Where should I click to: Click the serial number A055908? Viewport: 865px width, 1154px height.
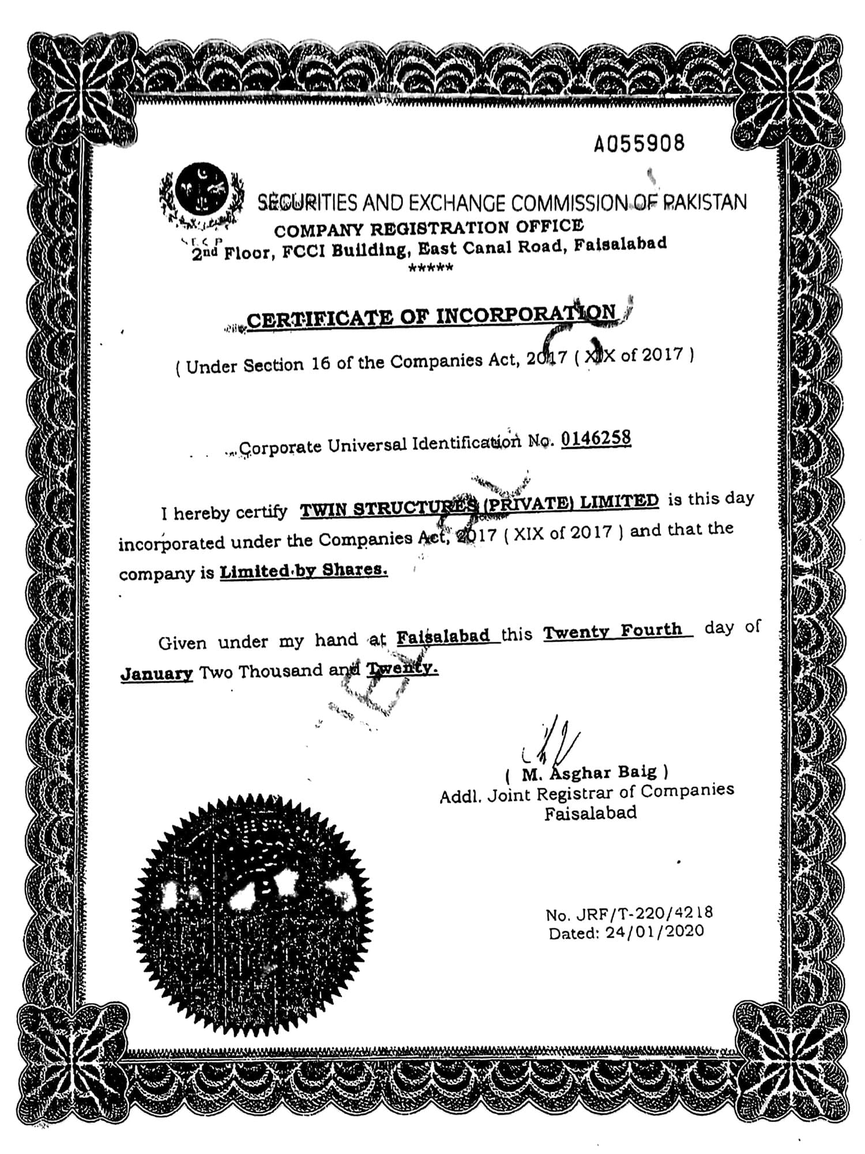[639, 143]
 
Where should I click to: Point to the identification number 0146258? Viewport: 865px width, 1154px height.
[596, 439]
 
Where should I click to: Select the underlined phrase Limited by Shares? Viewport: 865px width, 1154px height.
[303, 571]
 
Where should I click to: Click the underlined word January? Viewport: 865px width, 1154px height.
[156, 673]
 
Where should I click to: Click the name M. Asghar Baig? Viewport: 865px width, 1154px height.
[589, 772]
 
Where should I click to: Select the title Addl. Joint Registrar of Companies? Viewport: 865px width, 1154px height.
[586, 793]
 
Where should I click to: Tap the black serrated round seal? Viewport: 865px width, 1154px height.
[252, 915]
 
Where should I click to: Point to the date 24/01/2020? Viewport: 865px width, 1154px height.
[655, 932]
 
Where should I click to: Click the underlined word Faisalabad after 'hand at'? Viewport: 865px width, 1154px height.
[443, 636]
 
